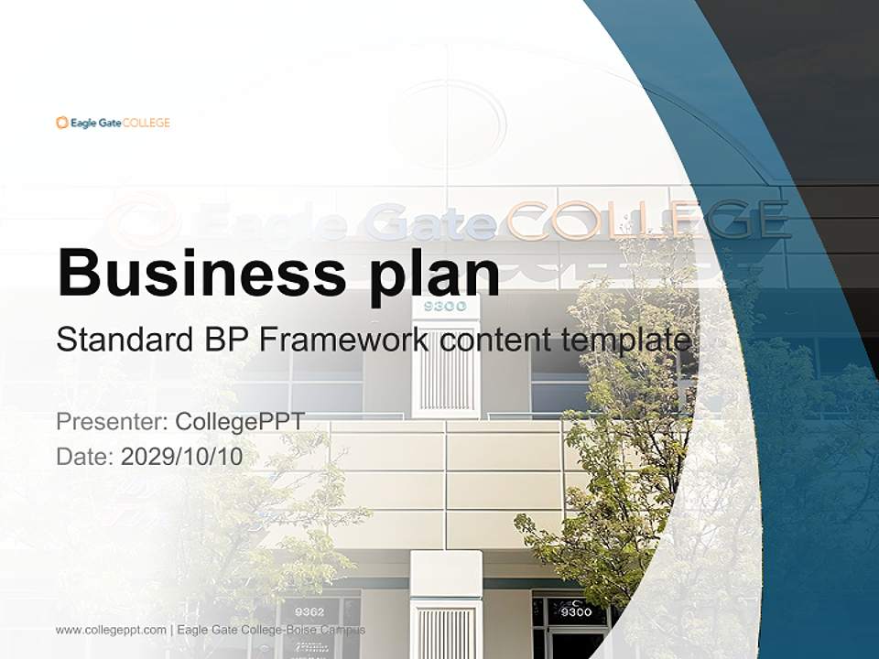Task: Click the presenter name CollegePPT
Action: (x=239, y=422)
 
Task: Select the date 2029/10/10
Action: (x=182, y=457)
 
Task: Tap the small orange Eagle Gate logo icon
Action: (x=61, y=123)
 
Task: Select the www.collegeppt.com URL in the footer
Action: (x=111, y=630)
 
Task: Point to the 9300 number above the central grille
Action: (x=446, y=306)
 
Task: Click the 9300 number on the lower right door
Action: (x=576, y=611)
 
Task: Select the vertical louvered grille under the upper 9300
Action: (x=446, y=371)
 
